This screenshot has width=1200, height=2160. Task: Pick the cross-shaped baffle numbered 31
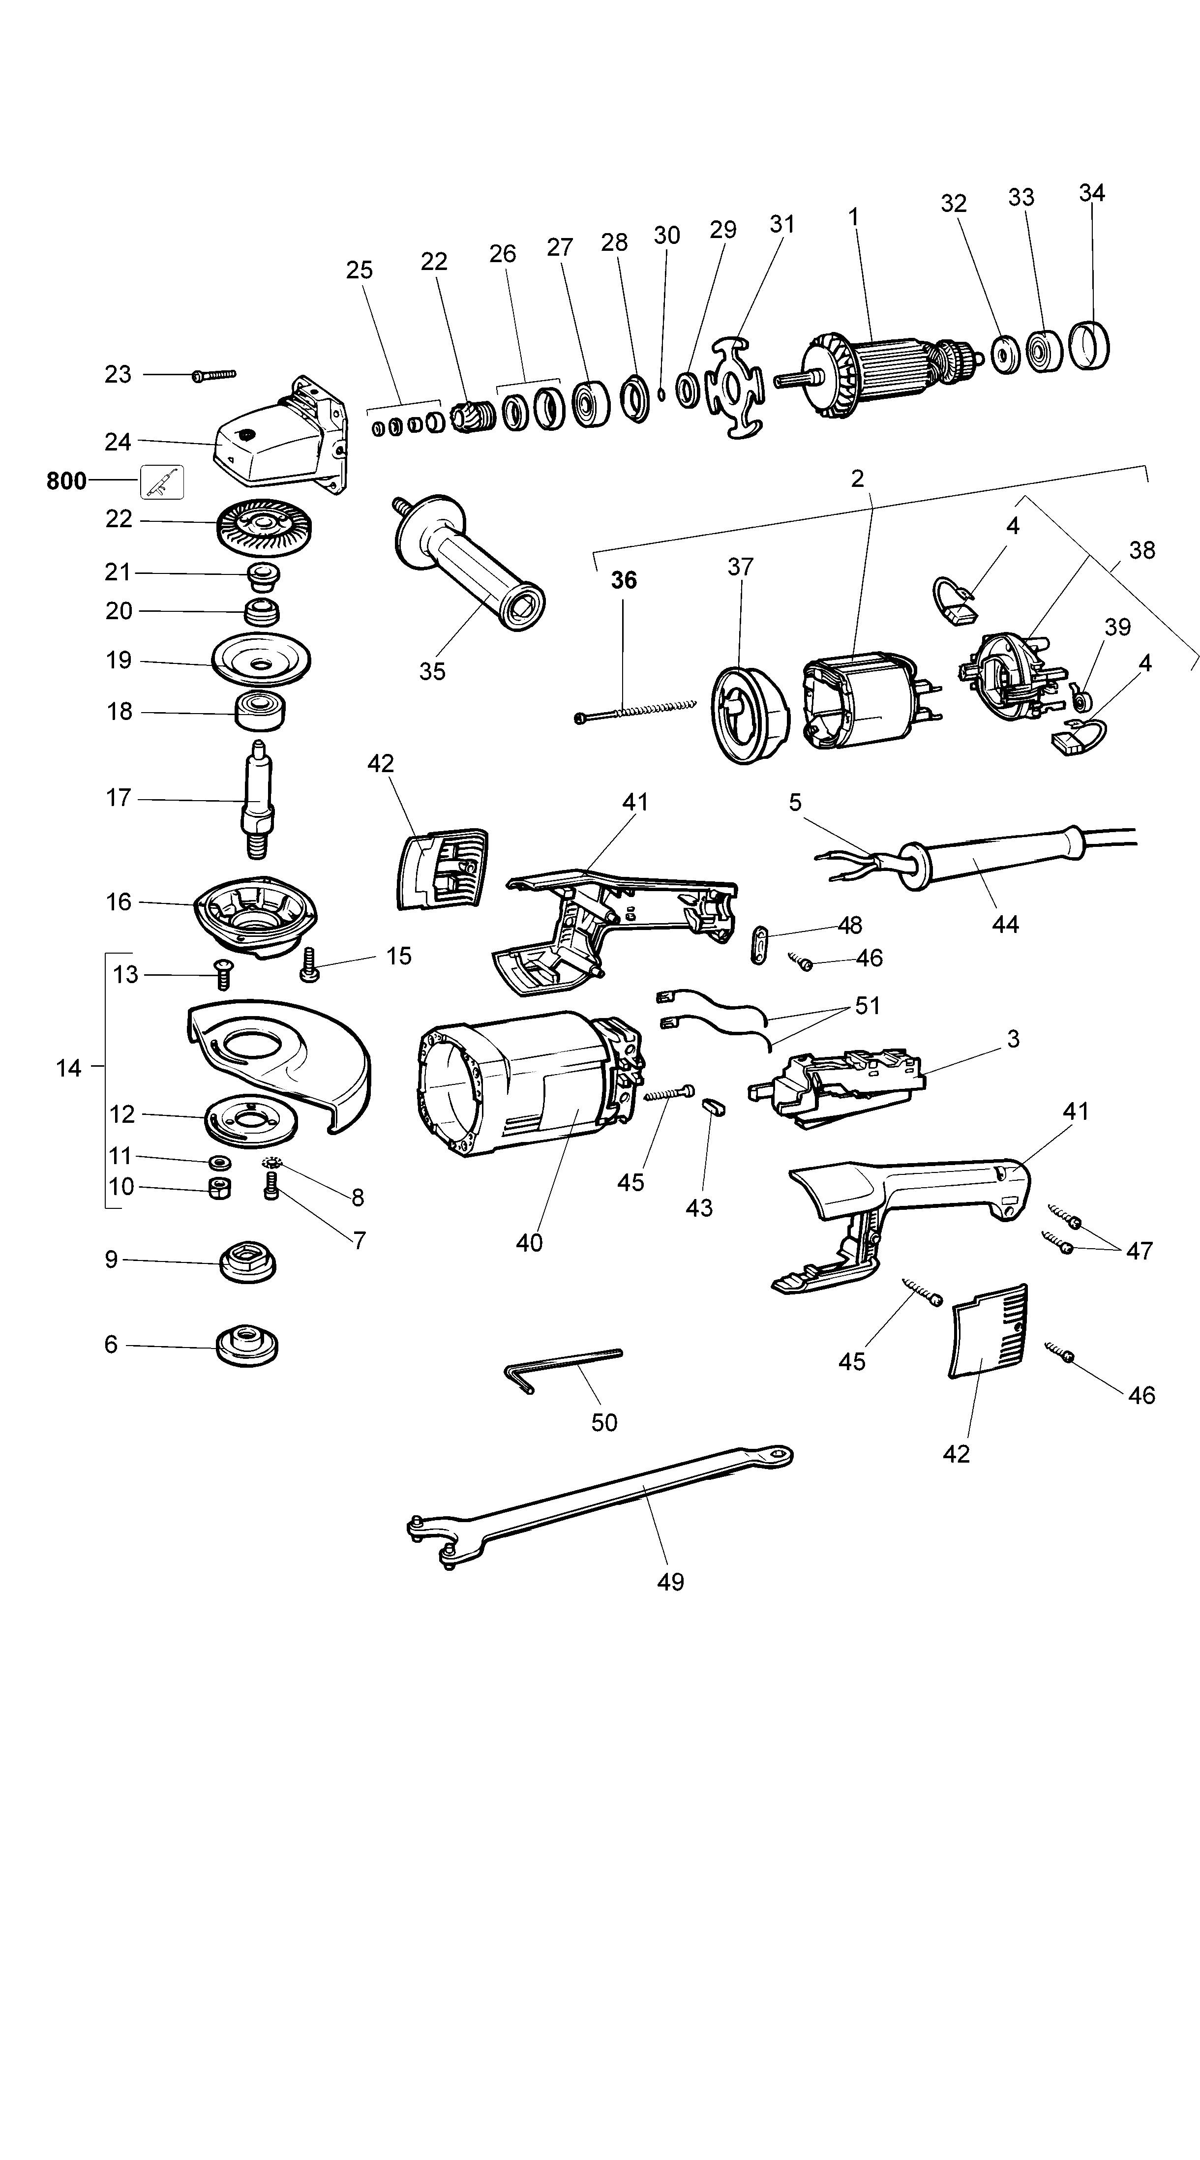point(735,388)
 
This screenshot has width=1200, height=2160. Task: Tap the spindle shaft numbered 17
point(257,801)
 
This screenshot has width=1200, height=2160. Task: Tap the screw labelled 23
point(214,375)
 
